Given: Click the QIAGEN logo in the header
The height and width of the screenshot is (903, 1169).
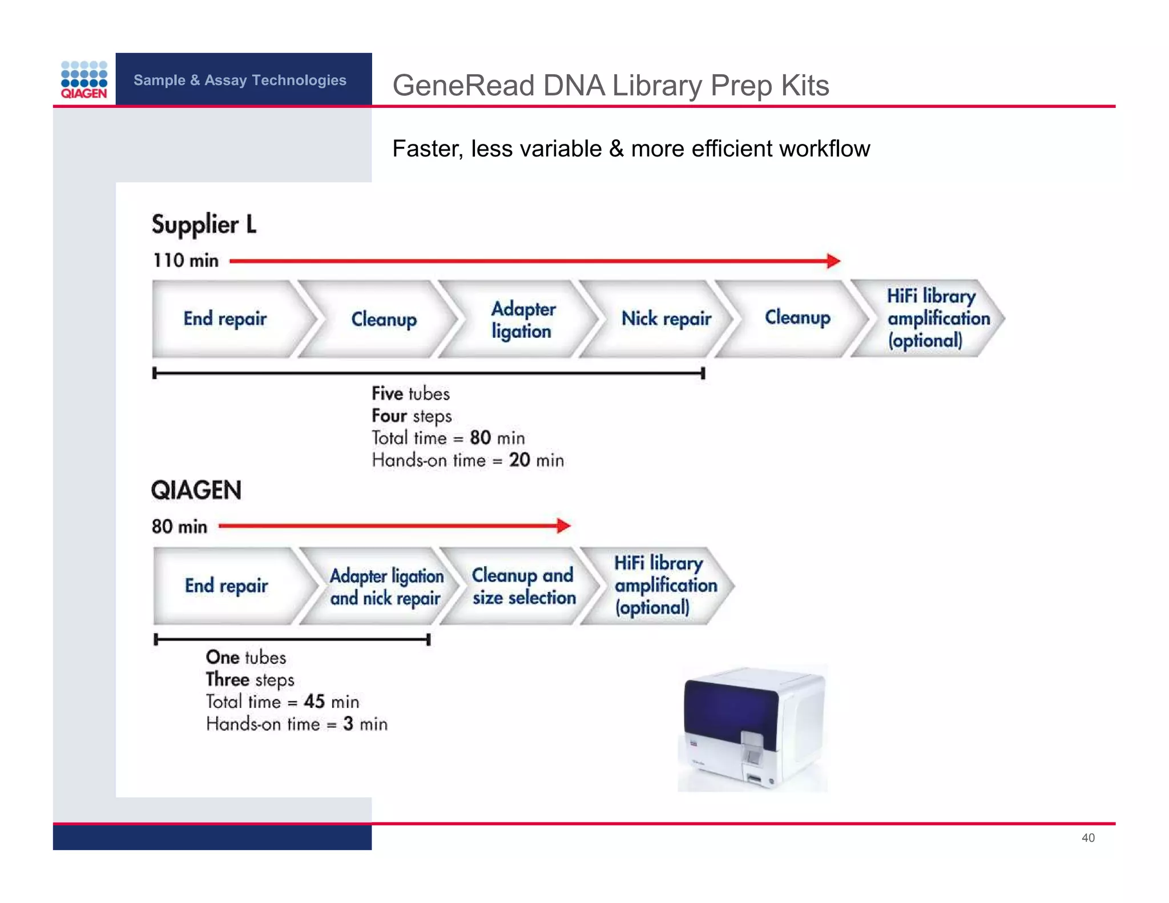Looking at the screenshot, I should (x=84, y=79).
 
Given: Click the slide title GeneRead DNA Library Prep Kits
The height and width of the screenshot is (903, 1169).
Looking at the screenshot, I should (x=610, y=86).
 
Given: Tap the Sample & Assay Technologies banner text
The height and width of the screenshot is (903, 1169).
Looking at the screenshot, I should (x=240, y=80).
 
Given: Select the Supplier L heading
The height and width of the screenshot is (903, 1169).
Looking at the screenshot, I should (x=204, y=224).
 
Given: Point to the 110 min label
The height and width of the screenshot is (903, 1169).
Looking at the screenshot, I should (x=186, y=260).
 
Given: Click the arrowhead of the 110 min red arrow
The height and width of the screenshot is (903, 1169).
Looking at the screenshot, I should (x=834, y=261).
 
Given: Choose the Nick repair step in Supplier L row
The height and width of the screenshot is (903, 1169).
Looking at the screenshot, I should (x=666, y=319).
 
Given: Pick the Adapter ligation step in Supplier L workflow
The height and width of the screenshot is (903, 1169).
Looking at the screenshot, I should (x=523, y=320).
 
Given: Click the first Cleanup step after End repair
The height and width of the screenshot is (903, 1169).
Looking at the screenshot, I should (x=384, y=319).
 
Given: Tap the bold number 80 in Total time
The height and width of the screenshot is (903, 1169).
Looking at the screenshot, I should (x=480, y=438).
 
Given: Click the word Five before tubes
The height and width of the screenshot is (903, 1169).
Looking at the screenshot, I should (x=388, y=393).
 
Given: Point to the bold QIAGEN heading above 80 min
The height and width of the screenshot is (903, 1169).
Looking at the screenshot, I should (x=196, y=490).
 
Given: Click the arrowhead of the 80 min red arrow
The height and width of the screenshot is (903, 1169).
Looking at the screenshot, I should (x=563, y=526).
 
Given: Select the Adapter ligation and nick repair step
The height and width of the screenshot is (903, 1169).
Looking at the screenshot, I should (x=386, y=586).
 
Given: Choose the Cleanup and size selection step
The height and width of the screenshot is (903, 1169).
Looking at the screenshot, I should (x=523, y=586).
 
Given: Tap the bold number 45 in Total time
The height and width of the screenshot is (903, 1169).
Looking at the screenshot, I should (x=314, y=702).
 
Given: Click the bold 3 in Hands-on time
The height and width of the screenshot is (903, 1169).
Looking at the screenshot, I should (x=348, y=724).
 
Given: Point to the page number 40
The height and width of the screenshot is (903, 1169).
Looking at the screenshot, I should (x=1088, y=837).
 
